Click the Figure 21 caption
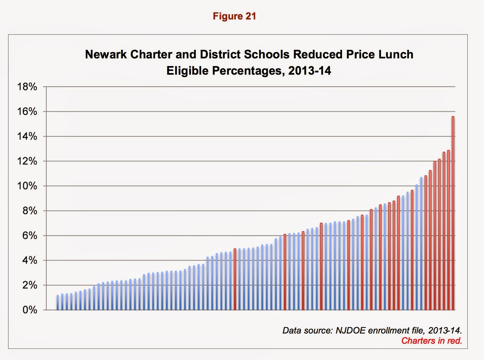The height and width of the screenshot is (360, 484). point(234,16)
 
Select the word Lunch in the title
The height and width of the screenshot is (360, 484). point(396,54)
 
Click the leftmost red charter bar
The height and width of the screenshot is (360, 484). point(235,279)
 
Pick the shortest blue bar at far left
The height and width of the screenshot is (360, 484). point(58,303)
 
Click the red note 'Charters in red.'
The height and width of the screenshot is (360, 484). point(431,341)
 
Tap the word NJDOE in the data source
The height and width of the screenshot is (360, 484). point(350,330)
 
